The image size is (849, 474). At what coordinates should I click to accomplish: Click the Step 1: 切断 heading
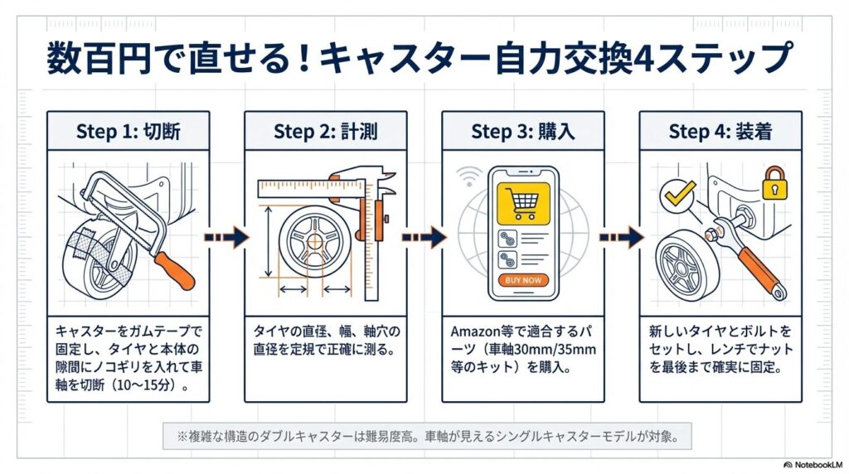[128, 131]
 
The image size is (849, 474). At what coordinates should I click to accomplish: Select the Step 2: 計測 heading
[325, 131]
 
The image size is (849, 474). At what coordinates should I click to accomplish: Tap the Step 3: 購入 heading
[522, 131]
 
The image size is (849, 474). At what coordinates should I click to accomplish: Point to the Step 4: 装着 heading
[720, 131]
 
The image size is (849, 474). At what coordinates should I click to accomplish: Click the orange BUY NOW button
[522, 280]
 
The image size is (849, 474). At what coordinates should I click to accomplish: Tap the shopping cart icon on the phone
[522, 202]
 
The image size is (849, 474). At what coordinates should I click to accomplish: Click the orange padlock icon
[774, 183]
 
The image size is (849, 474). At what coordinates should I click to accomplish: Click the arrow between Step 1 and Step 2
[226, 238]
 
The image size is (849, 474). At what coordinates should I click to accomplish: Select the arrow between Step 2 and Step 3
[424, 238]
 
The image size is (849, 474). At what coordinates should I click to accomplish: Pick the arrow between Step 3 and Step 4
[621, 238]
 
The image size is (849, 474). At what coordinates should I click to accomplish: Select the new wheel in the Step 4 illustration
[687, 264]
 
